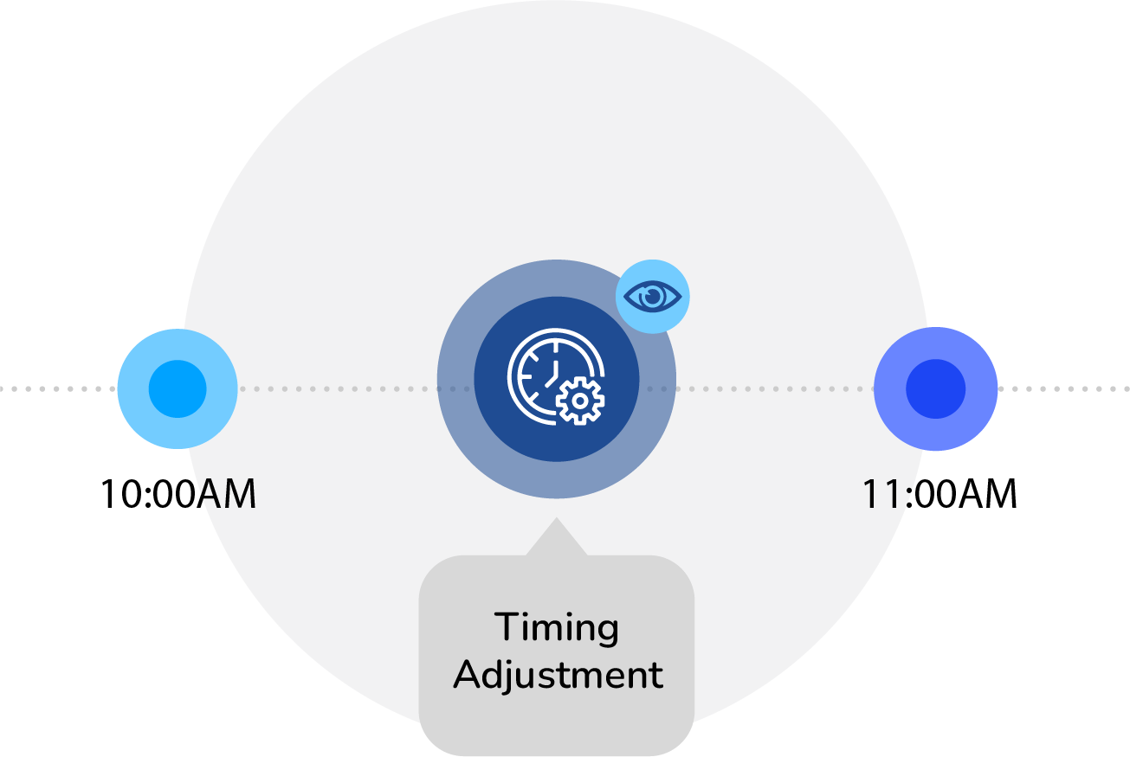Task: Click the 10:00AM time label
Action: (178, 495)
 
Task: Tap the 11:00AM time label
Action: (939, 495)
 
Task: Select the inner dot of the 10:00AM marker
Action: (178, 389)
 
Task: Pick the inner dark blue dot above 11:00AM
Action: (935, 389)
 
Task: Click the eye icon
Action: (653, 297)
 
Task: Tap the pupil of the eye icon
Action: (654, 297)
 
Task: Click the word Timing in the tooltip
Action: (557, 628)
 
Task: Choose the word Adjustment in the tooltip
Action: (559, 675)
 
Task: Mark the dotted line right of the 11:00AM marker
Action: (1065, 389)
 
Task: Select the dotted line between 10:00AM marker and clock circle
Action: (338, 389)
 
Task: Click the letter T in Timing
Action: (504, 626)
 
